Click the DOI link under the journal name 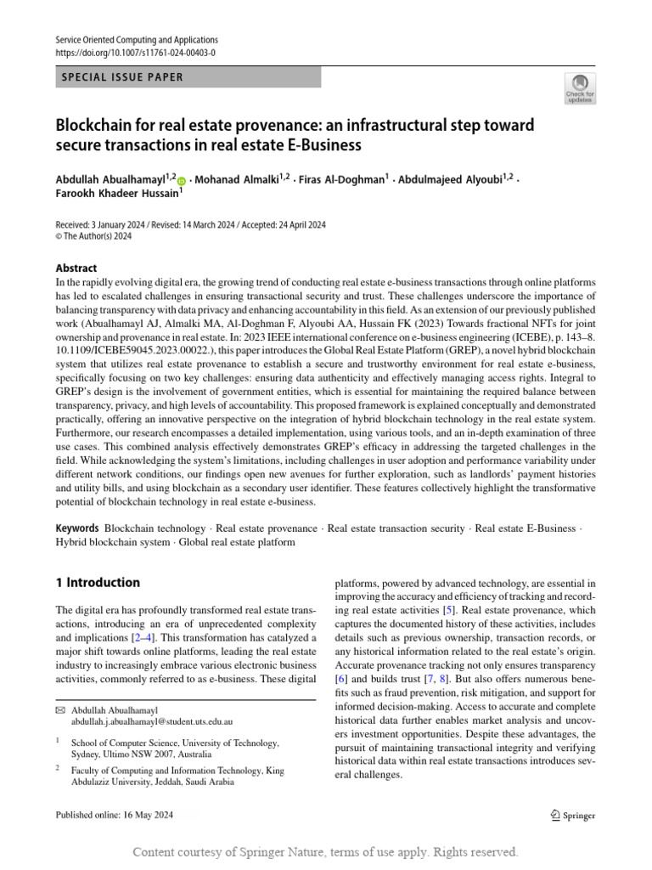point(135,53)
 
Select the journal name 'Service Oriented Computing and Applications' point(137,40)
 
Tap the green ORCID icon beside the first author point(181,180)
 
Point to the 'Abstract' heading point(76,268)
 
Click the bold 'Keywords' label point(77,528)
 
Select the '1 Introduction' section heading point(98,583)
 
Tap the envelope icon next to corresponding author point(60,709)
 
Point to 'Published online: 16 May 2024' point(114,816)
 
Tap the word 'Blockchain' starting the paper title point(98,126)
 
